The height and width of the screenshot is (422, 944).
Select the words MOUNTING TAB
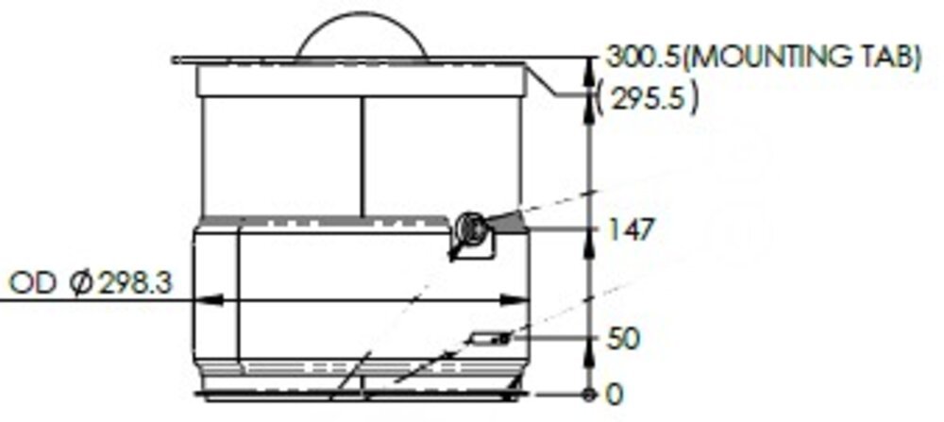(801, 58)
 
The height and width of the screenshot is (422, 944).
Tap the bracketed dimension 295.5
(649, 98)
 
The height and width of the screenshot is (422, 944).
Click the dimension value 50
(623, 338)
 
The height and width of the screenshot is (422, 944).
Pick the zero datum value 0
(615, 392)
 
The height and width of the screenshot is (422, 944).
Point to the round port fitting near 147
(469, 228)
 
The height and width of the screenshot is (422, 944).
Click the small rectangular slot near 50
(491, 337)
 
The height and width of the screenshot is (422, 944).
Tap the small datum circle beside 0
(589, 392)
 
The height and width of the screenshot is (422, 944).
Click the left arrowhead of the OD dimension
(210, 300)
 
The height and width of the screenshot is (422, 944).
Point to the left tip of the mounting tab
(177, 60)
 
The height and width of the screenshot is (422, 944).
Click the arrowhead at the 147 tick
(589, 229)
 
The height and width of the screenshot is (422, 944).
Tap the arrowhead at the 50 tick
(589, 338)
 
